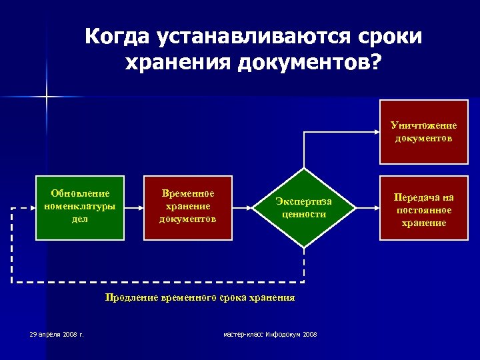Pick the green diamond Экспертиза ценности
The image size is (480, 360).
pos(304,207)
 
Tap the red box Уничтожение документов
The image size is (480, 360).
pos(423,132)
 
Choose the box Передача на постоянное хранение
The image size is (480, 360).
pos(423,210)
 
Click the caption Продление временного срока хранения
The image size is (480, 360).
pos(199,298)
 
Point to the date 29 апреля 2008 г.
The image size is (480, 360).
pos(57,333)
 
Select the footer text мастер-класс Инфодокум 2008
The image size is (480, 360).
pos(270,333)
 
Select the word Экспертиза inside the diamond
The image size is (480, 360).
pos(304,202)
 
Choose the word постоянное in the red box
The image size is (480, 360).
pos(423,210)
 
